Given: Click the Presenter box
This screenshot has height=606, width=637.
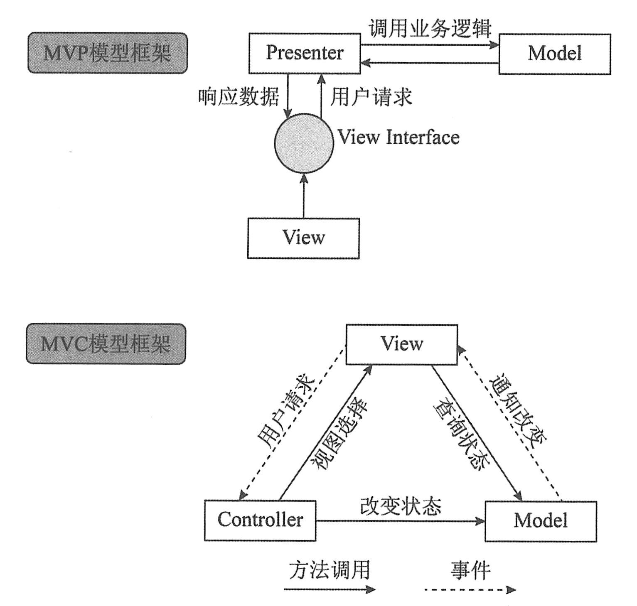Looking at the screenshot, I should coord(305,54).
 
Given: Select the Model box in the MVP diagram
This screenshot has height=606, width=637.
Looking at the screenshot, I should coord(554,54).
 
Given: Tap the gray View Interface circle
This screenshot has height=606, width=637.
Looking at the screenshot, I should coord(304,142).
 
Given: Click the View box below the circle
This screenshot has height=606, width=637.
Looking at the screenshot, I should coord(303,238).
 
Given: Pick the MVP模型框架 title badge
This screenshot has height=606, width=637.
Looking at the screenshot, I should coord(107,53).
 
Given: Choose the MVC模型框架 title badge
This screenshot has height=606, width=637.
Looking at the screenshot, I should coord(106,344).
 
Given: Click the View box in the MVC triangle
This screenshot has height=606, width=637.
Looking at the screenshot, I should coord(401,344).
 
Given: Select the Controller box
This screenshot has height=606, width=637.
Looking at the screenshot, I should coord(260,520).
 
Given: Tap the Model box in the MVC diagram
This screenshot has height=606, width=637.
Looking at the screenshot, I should coord(541,521).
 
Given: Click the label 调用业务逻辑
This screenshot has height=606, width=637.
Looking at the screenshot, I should coord(430,29).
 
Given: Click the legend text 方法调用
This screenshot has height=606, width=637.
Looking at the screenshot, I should coord(330,570).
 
